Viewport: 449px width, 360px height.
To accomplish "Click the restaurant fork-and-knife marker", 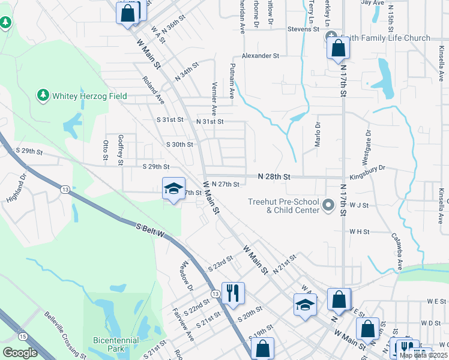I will pyautogui.click(x=231, y=293).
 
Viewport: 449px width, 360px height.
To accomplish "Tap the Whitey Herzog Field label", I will pyautogui.click(x=81, y=95).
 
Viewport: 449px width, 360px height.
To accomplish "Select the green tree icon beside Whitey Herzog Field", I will pyautogui.click(x=43, y=95).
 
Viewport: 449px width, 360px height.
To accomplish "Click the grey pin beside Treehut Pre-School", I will pyautogui.click(x=328, y=206).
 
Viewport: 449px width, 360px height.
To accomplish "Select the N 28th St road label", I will pyautogui.click(x=274, y=177).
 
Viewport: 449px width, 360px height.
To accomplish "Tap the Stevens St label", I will pyautogui.click(x=303, y=28).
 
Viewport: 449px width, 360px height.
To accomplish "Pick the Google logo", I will pyautogui.click(x=20, y=353).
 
